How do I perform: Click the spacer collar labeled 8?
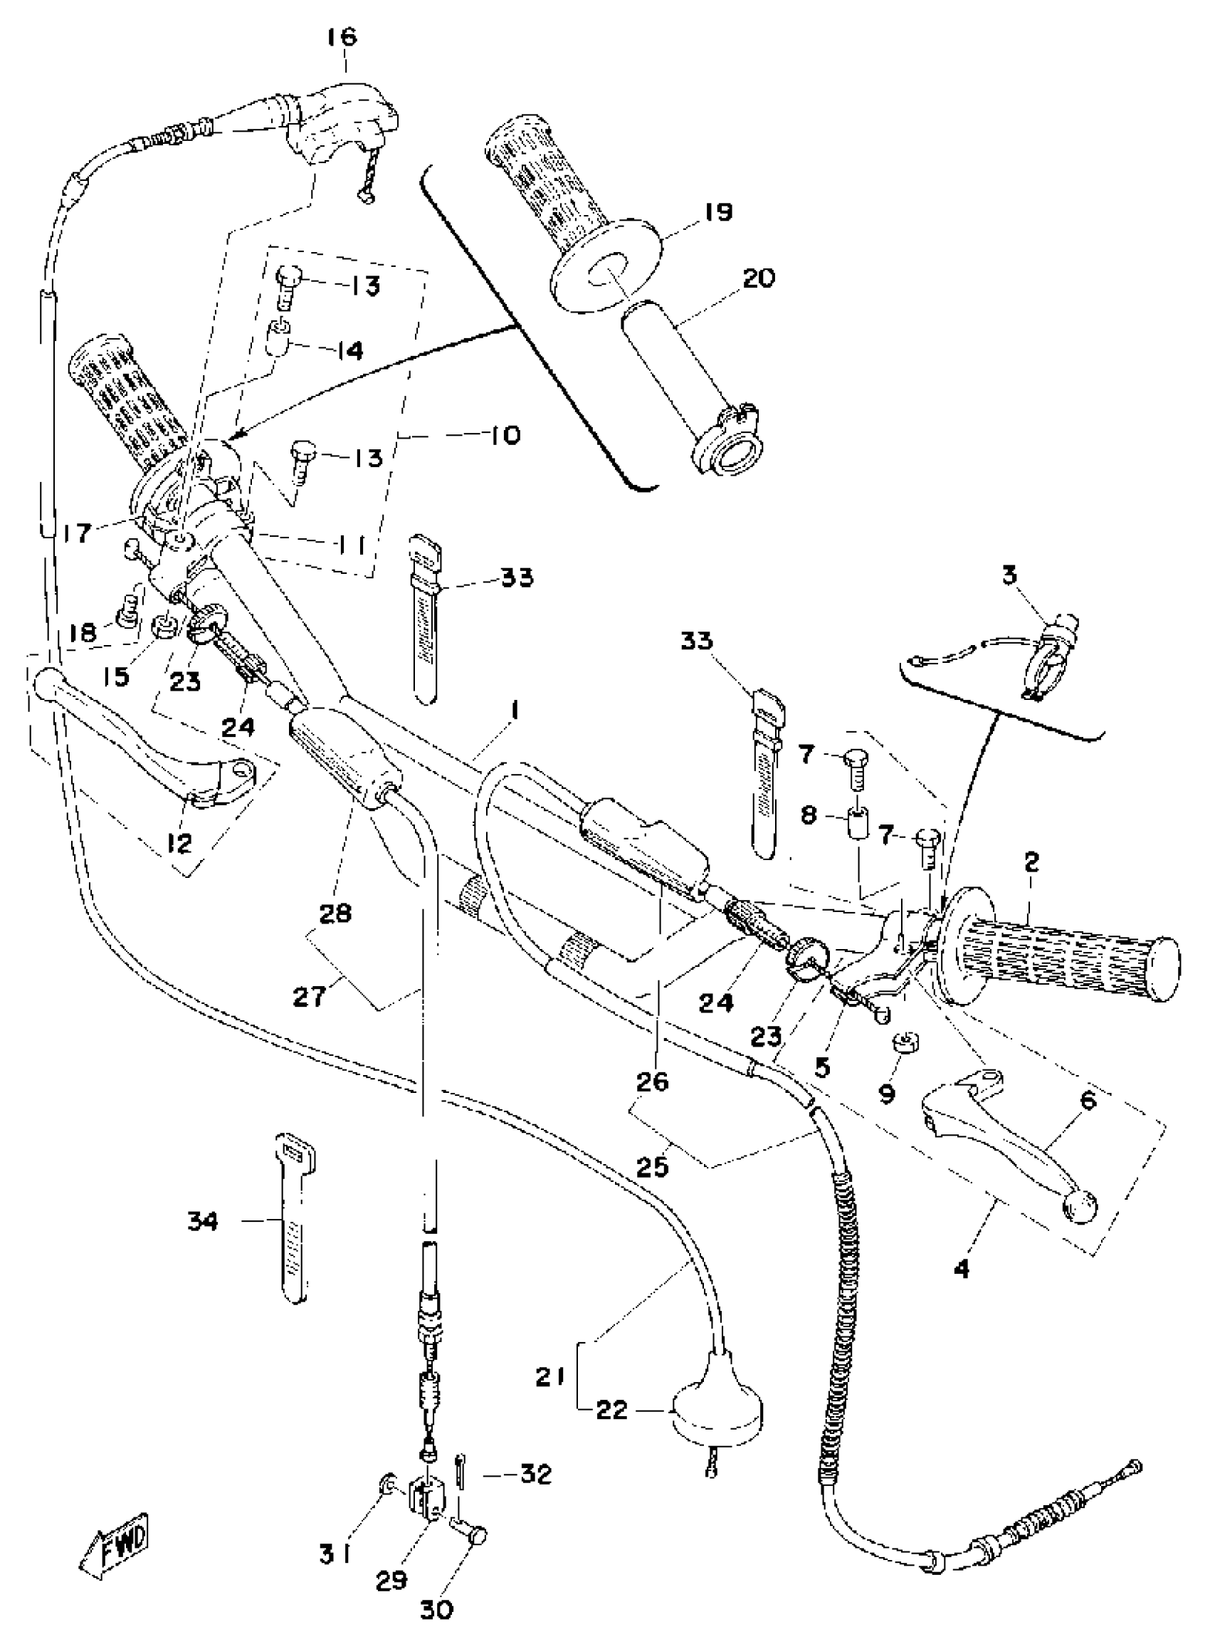pos(859,826)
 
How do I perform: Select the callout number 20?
pos(759,279)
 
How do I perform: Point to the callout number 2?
pos(1031,862)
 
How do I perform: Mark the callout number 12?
pos(179,843)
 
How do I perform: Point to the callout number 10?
pos(501,435)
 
